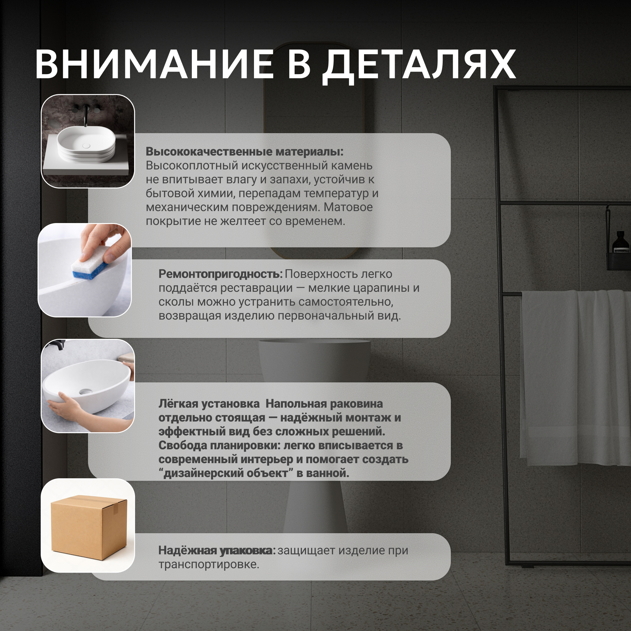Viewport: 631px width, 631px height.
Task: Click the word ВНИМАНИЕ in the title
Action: [x=154, y=64]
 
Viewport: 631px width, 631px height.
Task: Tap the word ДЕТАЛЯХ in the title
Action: [x=419, y=67]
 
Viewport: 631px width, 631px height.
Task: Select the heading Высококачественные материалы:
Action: [x=245, y=151]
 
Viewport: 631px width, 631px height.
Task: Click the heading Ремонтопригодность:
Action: [x=221, y=274]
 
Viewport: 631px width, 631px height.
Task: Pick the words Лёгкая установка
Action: [x=209, y=404]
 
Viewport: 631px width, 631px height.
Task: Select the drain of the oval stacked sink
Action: [x=86, y=146]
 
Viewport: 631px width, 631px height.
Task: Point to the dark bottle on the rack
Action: [x=620, y=242]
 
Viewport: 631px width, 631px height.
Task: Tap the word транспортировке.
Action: [x=209, y=564]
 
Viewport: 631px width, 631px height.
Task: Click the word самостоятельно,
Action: [x=345, y=302]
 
